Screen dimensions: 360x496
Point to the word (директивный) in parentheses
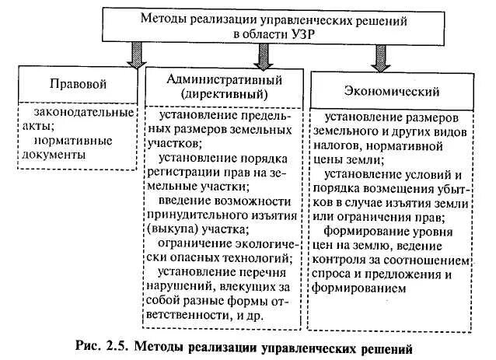pyautogui.click(x=223, y=94)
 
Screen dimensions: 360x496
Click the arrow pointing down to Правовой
pyautogui.click(x=133, y=55)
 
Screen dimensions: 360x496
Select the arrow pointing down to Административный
pyautogui.click(x=264, y=54)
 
